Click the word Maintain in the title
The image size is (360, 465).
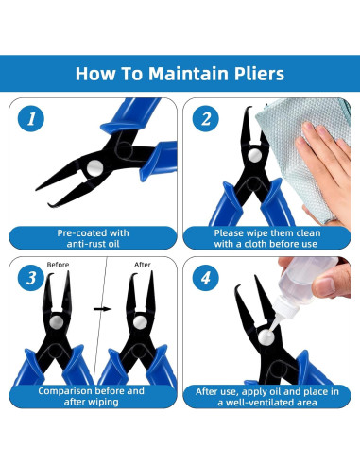pos(181,73)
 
